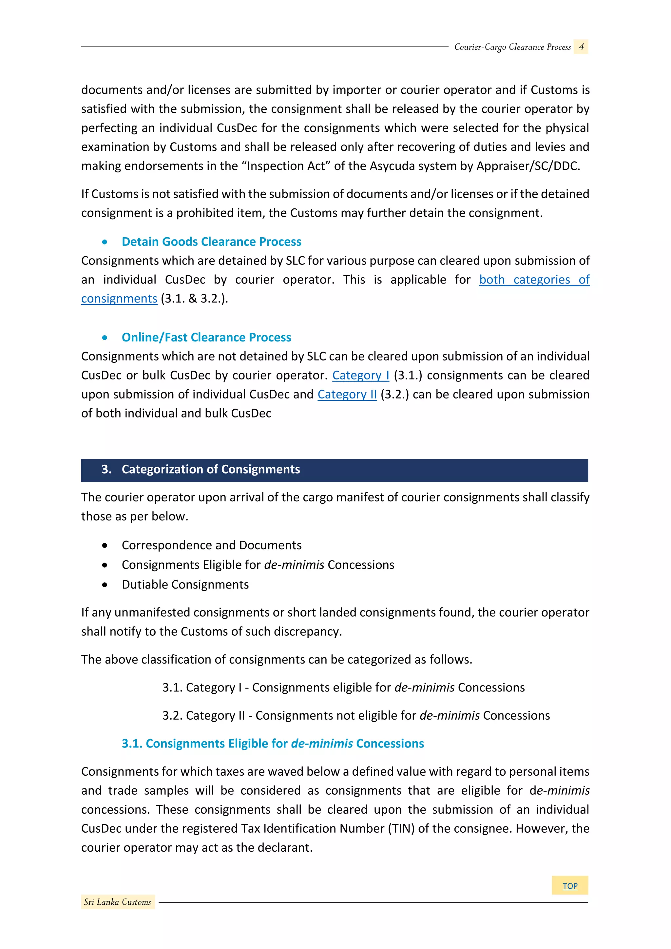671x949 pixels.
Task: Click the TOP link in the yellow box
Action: pos(570,886)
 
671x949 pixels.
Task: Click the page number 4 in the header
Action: pos(581,47)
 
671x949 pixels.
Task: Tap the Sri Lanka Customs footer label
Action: pos(118,902)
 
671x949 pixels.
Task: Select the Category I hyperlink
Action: pos(360,375)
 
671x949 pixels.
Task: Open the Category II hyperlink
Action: pos(347,394)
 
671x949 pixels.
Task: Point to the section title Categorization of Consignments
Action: pos(211,470)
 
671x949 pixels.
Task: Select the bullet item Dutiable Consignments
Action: pos(185,585)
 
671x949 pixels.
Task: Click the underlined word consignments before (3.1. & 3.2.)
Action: pos(119,299)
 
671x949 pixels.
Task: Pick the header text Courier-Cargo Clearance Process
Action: pos(512,47)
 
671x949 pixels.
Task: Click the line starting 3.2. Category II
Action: pos(356,715)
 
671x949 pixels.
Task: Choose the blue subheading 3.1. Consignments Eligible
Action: pos(273,744)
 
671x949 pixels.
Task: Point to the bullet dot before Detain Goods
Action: pos(105,242)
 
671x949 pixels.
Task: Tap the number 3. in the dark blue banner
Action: pos(106,470)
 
